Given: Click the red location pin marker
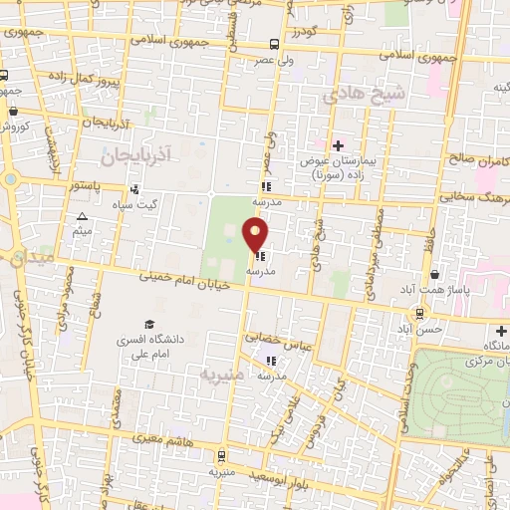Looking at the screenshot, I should [x=256, y=235].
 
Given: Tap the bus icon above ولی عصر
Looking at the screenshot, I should [x=274, y=44].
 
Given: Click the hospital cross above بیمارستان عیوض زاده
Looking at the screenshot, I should [x=339, y=145].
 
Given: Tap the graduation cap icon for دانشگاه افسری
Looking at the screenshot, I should [x=149, y=325].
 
